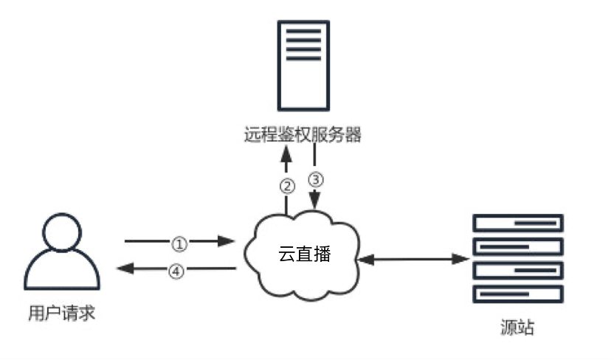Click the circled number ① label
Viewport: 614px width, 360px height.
pyautogui.click(x=179, y=241)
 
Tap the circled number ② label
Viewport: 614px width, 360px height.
pyautogui.click(x=287, y=185)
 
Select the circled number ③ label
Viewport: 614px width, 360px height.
pyautogui.click(x=316, y=179)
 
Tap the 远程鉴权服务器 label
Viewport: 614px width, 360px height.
pyautogui.click(x=303, y=135)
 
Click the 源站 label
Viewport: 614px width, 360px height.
pyautogui.click(x=517, y=327)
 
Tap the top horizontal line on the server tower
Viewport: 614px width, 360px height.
pyautogui.click(x=303, y=30)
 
